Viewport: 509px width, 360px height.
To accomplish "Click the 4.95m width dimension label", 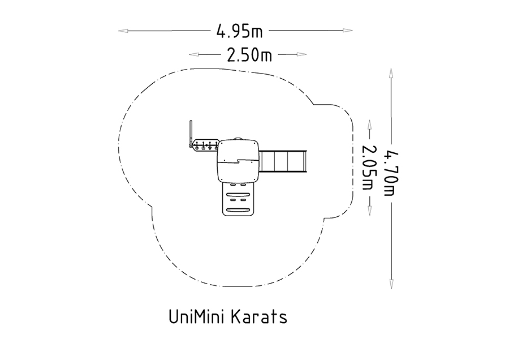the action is point(239,32).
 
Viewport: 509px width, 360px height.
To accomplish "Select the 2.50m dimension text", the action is point(249,55).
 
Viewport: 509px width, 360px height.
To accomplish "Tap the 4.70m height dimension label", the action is point(391,174).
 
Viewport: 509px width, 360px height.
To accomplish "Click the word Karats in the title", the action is point(260,316).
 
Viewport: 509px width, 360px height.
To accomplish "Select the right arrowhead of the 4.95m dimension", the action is point(348,31).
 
